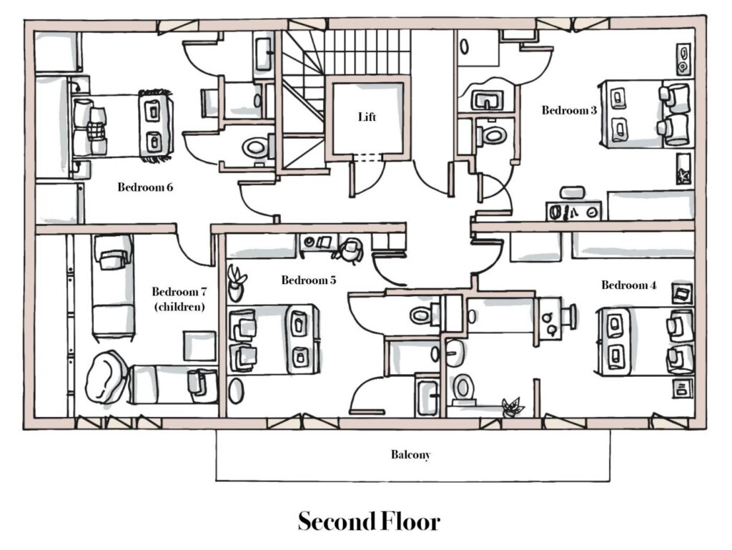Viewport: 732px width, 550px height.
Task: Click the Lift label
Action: tap(366, 117)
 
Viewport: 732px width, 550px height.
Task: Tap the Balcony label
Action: tap(411, 454)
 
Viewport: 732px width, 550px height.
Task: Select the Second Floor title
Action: tap(368, 521)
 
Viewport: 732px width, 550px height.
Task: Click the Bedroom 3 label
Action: tap(569, 110)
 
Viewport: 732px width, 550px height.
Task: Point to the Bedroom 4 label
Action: tap(628, 285)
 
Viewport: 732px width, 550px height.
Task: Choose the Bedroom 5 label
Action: tap(308, 280)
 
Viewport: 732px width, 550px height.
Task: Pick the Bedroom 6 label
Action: tap(145, 187)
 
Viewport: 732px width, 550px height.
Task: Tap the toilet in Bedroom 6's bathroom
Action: tap(254, 148)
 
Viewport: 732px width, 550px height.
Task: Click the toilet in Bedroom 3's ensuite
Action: tap(492, 134)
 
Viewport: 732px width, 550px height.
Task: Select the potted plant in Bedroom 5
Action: tap(236, 283)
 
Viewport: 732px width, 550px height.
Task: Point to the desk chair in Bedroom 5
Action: tap(350, 249)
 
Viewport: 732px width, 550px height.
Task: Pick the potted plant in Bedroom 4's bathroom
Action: tap(512, 406)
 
